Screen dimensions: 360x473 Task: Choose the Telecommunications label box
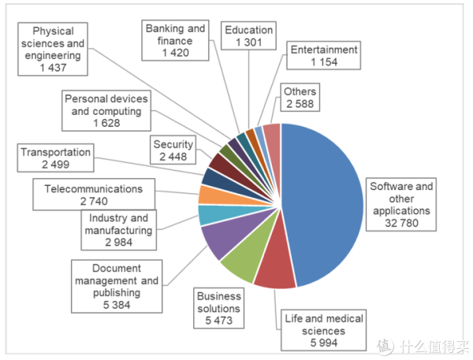[94, 195]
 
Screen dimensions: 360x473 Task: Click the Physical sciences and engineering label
[51, 50]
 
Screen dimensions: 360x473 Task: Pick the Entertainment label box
[323, 56]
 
